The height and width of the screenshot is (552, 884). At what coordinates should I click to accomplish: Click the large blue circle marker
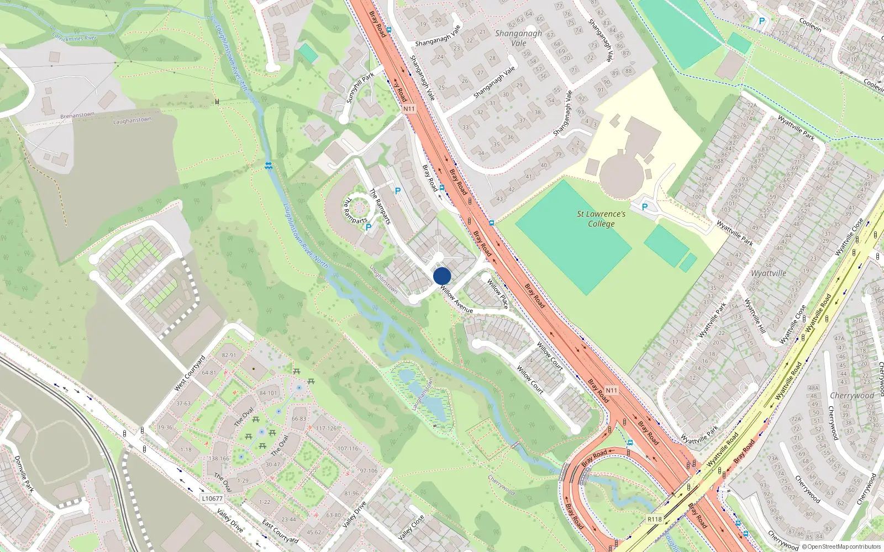[442, 276]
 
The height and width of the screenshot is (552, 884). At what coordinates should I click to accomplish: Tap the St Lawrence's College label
[601, 219]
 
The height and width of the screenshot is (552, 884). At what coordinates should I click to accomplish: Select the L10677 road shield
[212, 498]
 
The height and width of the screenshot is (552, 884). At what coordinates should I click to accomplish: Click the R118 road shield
[654, 519]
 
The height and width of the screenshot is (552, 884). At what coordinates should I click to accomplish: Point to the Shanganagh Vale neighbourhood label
[518, 38]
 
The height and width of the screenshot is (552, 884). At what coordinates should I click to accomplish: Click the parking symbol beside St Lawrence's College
[644, 207]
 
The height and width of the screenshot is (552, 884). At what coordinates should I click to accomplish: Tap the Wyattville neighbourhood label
[769, 273]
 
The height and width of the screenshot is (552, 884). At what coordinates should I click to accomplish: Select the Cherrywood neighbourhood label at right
[852, 396]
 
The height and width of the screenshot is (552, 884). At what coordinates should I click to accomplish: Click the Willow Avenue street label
[456, 300]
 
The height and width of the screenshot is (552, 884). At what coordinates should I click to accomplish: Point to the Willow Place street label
[497, 294]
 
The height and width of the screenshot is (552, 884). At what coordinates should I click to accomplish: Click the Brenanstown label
[77, 115]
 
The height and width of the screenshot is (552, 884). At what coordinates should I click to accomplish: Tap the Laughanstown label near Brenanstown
[132, 120]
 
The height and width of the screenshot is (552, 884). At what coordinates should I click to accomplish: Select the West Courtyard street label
[190, 373]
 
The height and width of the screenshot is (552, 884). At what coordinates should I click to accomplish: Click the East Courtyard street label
[280, 531]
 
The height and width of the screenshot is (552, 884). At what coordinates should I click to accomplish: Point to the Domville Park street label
[24, 474]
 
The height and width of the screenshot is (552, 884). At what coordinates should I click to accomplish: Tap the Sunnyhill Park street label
[360, 87]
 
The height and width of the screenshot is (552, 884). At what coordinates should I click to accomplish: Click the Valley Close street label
[411, 527]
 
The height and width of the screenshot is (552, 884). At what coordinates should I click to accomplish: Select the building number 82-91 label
[229, 355]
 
